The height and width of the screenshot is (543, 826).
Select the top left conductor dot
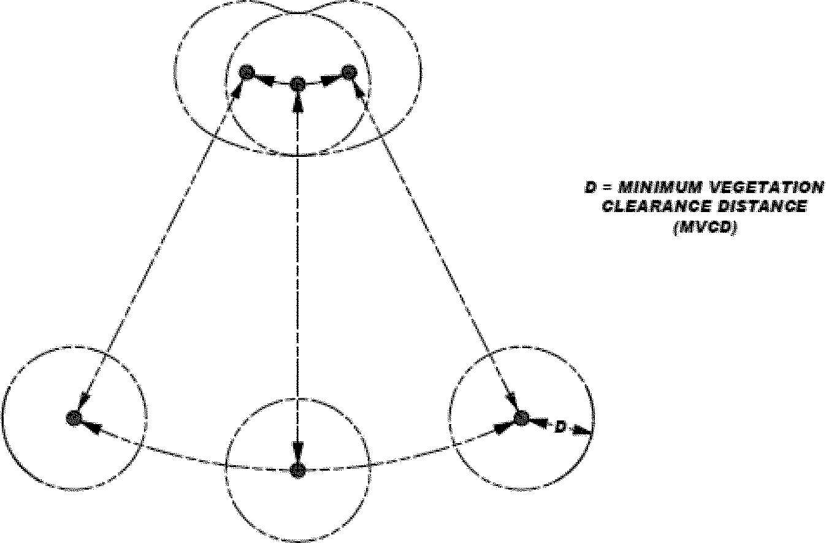(246, 72)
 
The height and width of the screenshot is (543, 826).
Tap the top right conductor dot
(348, 72)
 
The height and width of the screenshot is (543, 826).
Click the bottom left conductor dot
(74, 418)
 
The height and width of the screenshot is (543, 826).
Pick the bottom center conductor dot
(297, 471)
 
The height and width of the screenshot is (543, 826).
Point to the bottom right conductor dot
(521, 418)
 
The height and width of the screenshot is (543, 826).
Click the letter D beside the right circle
(560, 427)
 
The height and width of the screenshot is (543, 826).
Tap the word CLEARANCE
(656, 207)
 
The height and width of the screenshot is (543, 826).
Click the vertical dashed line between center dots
(297, 276)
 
